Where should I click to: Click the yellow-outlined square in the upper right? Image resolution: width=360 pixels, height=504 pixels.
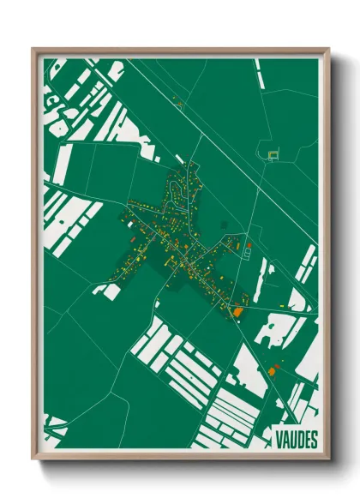[273, 154]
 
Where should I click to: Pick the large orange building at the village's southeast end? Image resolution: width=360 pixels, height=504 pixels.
[238, 312]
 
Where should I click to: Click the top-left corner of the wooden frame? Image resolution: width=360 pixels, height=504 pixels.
[33, 49]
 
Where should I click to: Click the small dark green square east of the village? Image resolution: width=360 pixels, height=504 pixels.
[225, 225]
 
